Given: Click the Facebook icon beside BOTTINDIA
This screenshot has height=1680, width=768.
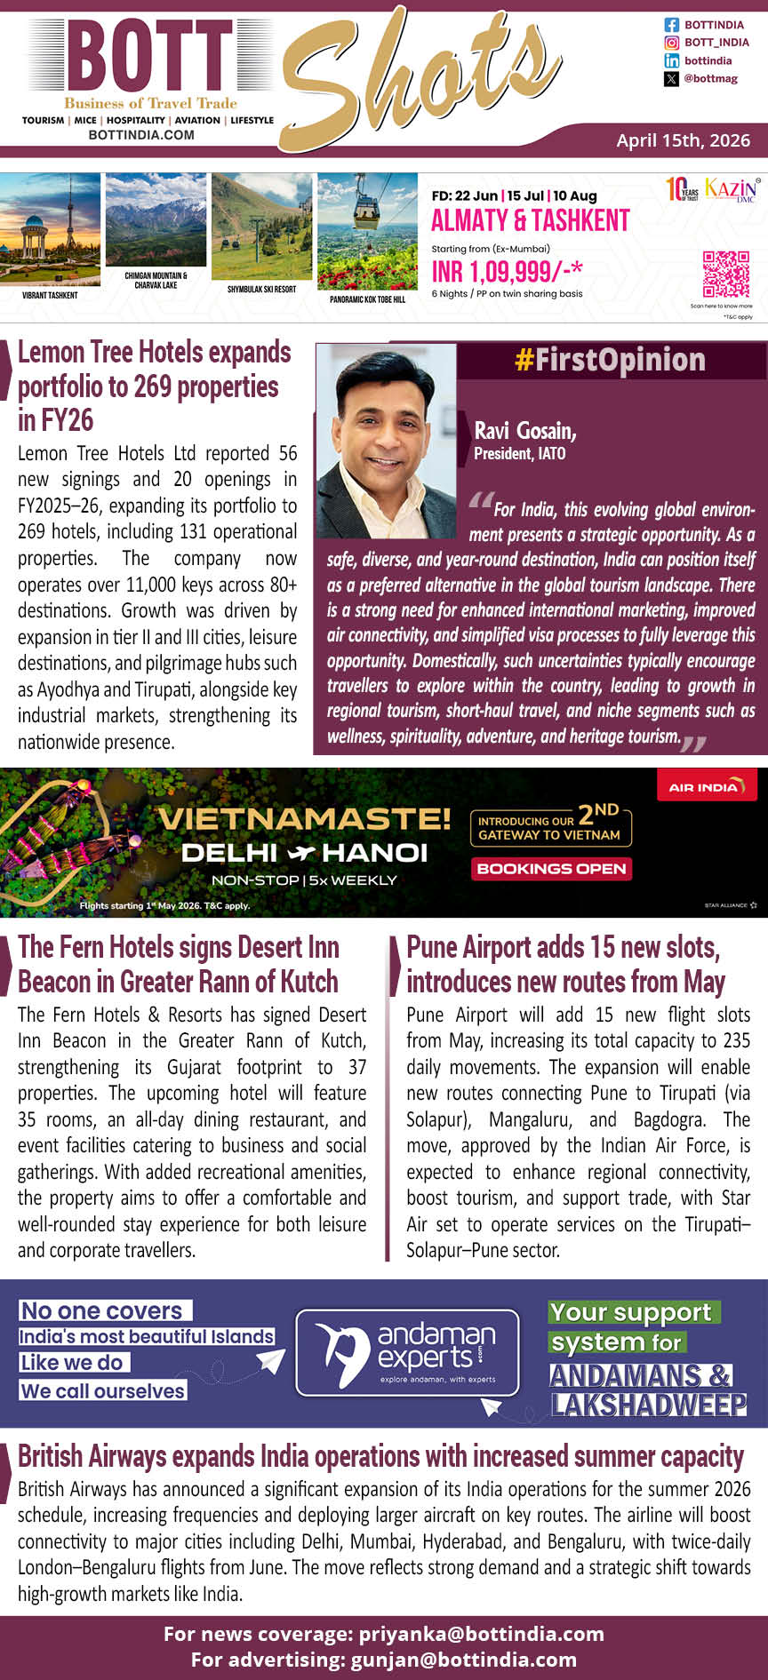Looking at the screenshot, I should click(672, 25).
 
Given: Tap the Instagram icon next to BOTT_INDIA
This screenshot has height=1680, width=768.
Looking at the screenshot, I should click(672, 43).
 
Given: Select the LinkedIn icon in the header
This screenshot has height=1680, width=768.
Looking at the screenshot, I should click(672, 60).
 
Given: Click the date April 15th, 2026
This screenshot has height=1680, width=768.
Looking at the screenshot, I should click(683, 140).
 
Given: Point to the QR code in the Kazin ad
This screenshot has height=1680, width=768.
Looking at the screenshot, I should click(725, 275).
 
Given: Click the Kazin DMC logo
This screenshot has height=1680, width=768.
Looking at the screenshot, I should click(732, 189).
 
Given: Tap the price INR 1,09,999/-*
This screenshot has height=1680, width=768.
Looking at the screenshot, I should click(507, 271).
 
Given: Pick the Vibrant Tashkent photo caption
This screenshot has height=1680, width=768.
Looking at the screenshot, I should click(50, 295).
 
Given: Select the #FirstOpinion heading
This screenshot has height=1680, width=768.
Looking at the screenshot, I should click(610, 360).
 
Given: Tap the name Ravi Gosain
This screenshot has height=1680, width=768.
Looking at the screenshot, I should click(525, 431).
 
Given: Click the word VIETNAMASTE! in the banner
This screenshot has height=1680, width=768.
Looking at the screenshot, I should click(303, 817).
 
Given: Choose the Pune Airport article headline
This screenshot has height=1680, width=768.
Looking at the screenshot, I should click(565, 964).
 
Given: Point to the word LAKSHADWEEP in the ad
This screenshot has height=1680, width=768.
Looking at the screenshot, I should click(649, 1405).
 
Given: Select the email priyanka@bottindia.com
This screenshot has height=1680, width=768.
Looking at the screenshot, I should click(481, 1634).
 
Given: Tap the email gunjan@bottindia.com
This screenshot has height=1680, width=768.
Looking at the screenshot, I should click(463, 1660).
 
